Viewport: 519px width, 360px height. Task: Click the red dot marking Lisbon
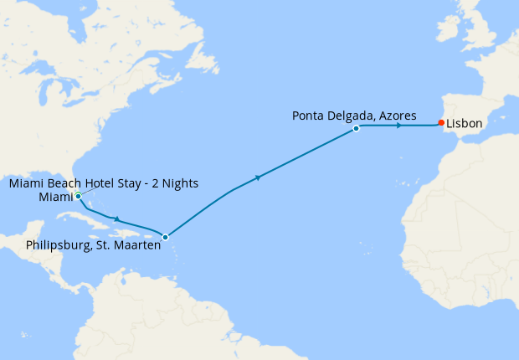pos(441,123)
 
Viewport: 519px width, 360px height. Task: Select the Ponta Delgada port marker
pos(357,128)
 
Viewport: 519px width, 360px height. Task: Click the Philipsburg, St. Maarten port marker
pos(165,237)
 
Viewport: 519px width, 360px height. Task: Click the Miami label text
pos(54,197)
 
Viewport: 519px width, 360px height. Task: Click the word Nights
pos(179,183)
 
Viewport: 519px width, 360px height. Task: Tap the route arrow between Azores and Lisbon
pos(399,126)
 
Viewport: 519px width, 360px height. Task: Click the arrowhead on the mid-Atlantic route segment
pos(258,177)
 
